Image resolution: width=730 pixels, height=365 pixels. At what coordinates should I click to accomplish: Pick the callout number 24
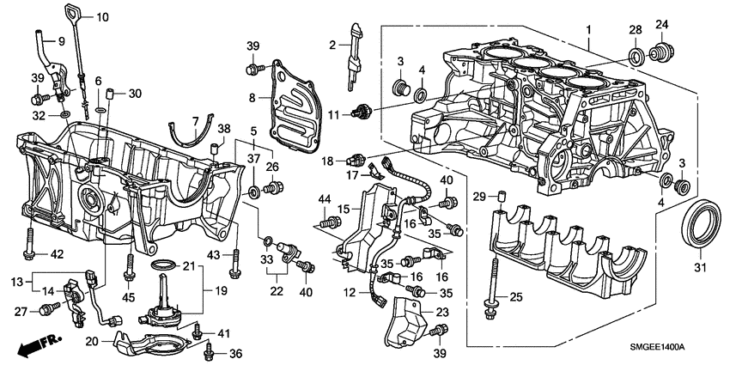[662, 24]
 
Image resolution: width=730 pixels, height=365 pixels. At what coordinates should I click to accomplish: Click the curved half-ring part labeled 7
[189, 134]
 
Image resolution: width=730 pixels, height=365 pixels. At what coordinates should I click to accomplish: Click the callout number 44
[325, 200]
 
